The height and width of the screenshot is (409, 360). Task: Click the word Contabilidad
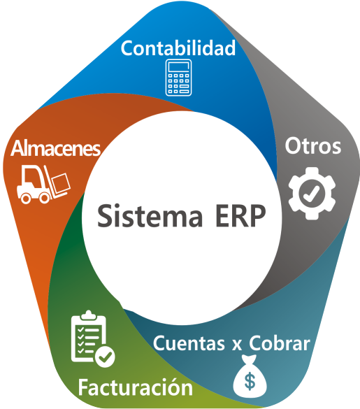click(178, 48)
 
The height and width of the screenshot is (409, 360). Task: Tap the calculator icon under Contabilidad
click(179, 78)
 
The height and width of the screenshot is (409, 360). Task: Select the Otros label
click(312, 146)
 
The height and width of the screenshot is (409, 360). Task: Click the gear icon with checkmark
click(312, 193)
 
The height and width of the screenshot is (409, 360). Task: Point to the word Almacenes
click(55, 148)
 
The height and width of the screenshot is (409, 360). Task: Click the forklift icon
click(43, 184)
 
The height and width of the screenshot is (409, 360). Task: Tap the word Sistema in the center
click(150, 216)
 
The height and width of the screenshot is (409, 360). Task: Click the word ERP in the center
click(240, 216)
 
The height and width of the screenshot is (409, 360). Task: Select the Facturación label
click(135, 387)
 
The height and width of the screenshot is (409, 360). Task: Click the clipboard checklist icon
click(92, 338)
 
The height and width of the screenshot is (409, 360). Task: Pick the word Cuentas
click(189, 343)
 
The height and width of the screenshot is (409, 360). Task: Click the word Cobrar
click(280, 343)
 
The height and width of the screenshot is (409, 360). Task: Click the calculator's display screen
click(179, 67)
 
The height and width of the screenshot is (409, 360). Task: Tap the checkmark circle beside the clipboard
click(105, 357)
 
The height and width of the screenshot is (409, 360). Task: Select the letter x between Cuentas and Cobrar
click(237, 345)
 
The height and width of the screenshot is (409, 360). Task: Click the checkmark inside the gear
click(311, 194)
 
